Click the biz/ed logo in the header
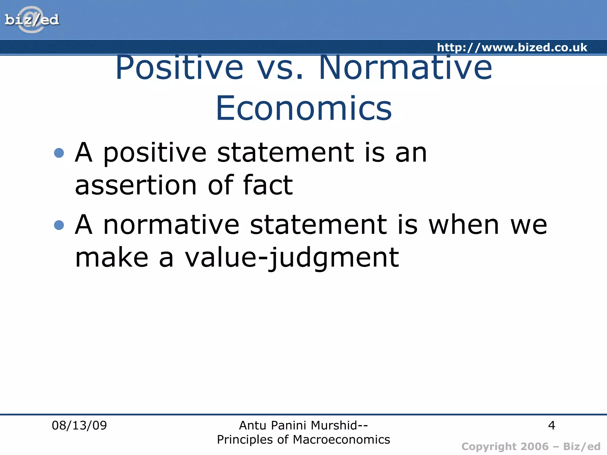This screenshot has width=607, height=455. point(32,20)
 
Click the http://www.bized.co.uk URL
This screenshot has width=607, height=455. point(512,47)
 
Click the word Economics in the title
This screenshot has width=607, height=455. point(304,108)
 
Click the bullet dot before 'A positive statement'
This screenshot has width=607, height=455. point(59,153)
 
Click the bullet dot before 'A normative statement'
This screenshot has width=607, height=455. point(59,225)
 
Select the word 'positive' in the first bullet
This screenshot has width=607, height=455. point(154,153)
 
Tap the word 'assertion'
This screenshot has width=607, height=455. point(136,185)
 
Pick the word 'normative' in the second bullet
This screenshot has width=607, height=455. point(171,225)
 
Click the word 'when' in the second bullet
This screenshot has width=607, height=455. point(464,225)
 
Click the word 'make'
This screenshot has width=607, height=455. point(111,258)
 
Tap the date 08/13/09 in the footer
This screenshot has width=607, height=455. point(79,425)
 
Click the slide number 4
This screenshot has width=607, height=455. point(551,425)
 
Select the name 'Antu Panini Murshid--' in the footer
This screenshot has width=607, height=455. point(303,425)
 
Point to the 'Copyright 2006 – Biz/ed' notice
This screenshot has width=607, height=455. point(531,446)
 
